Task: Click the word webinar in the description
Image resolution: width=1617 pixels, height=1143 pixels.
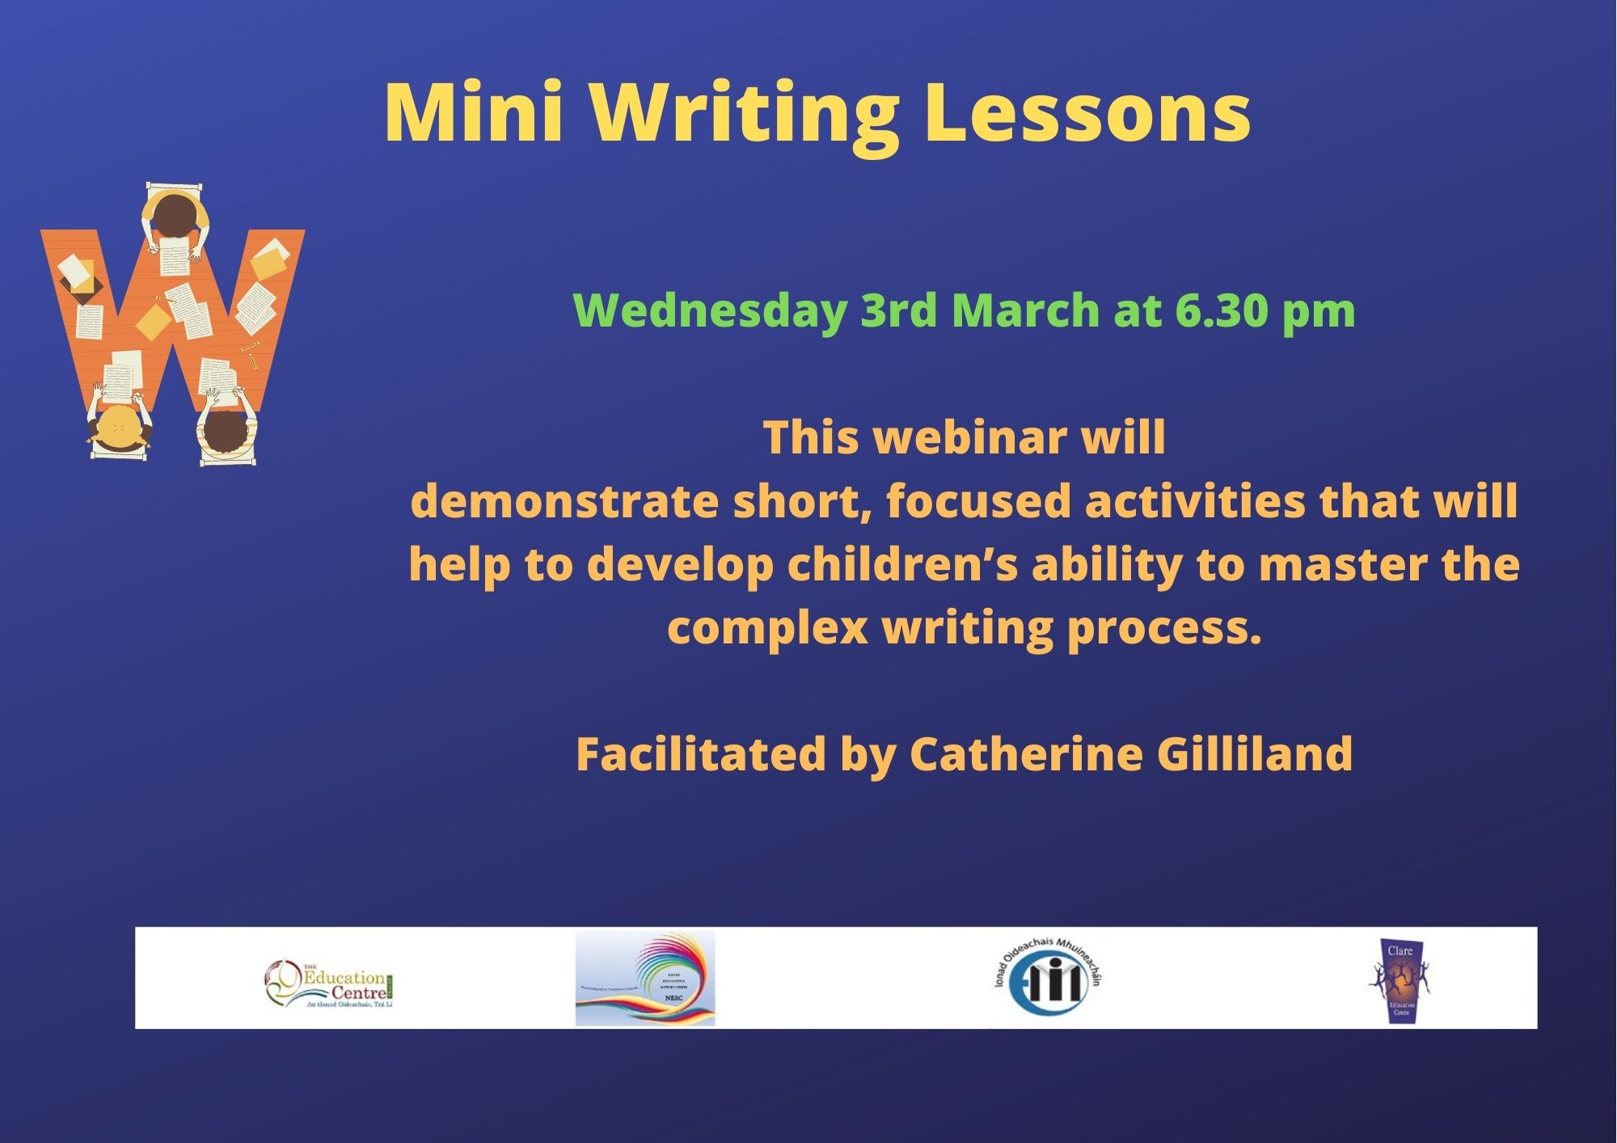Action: point(970,437)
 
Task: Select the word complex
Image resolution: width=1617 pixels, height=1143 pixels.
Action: point(767,627)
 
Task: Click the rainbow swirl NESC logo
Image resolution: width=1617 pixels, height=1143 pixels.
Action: point(645,978)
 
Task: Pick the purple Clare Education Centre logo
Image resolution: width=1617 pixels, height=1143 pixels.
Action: point(1400,980)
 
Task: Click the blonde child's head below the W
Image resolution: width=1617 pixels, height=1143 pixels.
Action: point(119,427)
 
